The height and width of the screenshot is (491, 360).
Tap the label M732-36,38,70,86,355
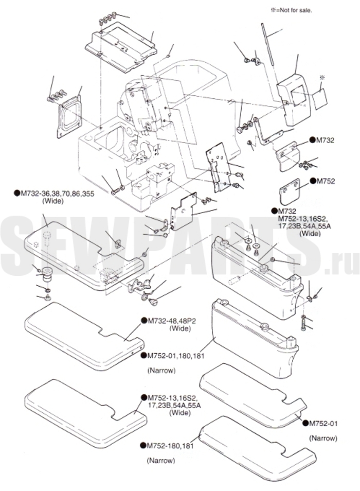click(57, 194)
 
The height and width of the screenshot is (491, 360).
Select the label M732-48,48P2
click(174, 321)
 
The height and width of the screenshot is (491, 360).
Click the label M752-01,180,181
click(175, 356)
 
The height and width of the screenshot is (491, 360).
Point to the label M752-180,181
click(170, 445)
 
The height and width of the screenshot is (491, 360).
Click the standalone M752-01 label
click(323, 424)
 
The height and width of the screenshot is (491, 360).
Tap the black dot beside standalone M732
click(313, 140)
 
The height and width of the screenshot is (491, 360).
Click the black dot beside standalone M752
click(313, 181)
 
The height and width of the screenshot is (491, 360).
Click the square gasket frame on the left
click(69, 116)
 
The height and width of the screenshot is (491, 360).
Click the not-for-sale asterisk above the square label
click(322, 77)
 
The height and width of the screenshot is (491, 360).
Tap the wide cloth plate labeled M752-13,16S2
click(85, 414)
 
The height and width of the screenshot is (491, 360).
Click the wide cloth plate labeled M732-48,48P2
click(84, 336)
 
